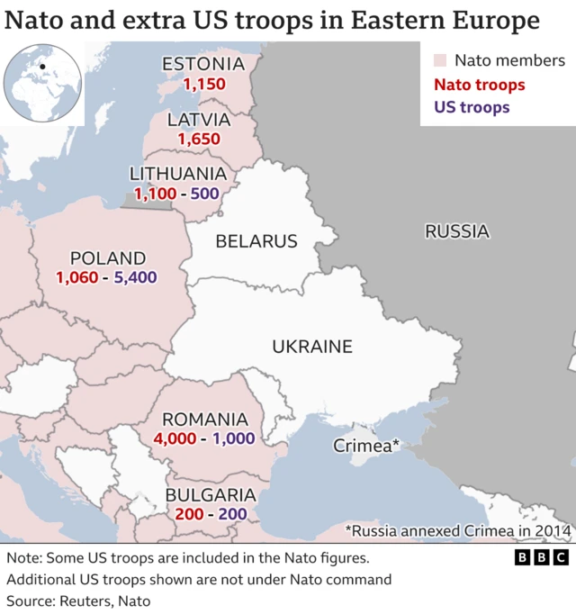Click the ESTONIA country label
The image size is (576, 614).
tap(203, 64)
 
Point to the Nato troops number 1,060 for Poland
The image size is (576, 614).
tap(76, 278)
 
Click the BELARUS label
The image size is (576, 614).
tap(256, 241)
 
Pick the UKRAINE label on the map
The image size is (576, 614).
tap(312, 347)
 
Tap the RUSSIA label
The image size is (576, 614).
tap(456, 231)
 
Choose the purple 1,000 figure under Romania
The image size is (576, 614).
tap(232, 438)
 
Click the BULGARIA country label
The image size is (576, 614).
tap(211, 495)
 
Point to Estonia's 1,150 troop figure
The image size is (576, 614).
tap(203, 84)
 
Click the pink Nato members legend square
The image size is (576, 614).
tap(440, 61)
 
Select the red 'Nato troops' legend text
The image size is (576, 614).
tap(480, 85)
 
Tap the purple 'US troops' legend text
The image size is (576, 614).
tap(472, 107)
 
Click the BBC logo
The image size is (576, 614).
tap(542, 558)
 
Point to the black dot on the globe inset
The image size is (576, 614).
tap(41, 66)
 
